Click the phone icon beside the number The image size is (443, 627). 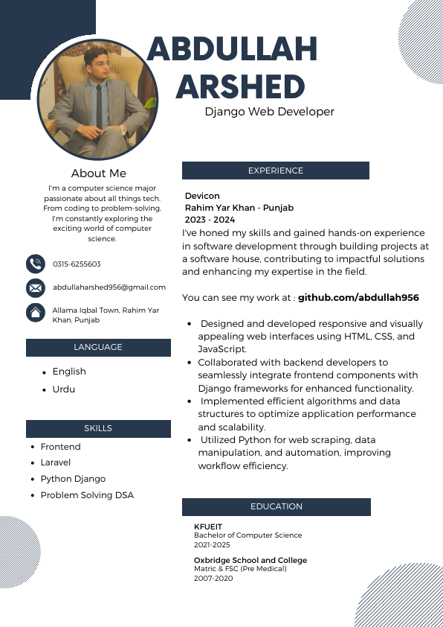[35, 264]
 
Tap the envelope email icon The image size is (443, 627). [35, 287]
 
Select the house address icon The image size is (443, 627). [35, 313]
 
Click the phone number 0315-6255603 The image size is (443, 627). [77, 264]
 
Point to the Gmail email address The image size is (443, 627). [109, 287]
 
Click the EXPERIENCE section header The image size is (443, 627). [276, 171]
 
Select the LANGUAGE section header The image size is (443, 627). [98, 347]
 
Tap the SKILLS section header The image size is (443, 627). [98, 428]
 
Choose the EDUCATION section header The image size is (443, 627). [277, 506]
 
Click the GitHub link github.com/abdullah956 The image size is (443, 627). [358, 298]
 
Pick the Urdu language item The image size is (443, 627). [63, 389]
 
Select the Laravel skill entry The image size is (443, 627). [56, 462]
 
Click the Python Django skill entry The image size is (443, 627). [73, 479]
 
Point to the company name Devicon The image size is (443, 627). [202, 196]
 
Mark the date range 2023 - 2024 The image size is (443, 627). [210, 220]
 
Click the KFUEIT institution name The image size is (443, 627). [208, 526]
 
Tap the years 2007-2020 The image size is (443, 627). [213, 578]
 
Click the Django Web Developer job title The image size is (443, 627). [270, 112]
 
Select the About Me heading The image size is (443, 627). [99, 174]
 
